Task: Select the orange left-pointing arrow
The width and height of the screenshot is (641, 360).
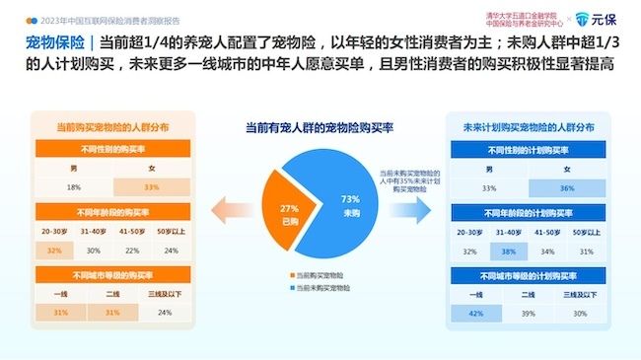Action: (x=233, y=206)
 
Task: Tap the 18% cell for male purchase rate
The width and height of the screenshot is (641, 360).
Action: (x=74, y=186)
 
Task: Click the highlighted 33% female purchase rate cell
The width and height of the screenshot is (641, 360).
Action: (x=152, y=186)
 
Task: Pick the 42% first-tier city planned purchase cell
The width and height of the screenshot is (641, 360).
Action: (x=475, y=313)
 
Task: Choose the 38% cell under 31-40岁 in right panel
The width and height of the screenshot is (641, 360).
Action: (x=509, y=251)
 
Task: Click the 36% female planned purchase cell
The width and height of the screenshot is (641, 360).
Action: (x=566, y=187)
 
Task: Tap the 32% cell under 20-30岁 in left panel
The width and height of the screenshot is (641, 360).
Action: (x=54, y=251)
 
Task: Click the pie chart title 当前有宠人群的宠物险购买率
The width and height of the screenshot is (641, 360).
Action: (x=320, y=127)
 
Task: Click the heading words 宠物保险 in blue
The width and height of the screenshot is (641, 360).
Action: (x=52, y=42)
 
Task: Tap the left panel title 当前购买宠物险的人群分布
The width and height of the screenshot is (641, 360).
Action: (x=111, y=127)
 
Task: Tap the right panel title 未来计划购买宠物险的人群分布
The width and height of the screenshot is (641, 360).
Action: (x=528, y=127)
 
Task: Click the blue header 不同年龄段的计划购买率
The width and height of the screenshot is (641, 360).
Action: (x=528, y=213)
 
